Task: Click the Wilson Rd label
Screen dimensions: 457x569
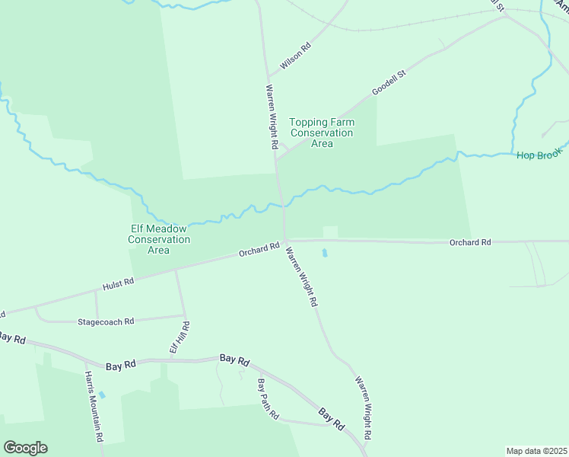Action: (296, 57)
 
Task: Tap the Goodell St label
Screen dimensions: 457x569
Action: (389, 83)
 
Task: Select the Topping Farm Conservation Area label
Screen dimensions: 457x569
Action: (322, 133)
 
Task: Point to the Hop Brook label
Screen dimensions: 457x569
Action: (539, 155)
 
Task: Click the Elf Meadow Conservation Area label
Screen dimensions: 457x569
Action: (158, 239)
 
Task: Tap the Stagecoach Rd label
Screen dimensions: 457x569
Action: (106, 321)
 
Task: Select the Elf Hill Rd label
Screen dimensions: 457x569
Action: (179, 337)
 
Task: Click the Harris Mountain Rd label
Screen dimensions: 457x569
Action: (94, 407)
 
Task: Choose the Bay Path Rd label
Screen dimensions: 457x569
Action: (268, 400)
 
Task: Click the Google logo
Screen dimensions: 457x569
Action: (25, 448)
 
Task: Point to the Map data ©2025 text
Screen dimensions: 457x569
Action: (536, 450)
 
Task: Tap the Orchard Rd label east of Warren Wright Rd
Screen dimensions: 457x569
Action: (469, 242)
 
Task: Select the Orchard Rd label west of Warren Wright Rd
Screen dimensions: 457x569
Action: (259, 250)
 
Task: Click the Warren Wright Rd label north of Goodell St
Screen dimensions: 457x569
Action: (271, 116)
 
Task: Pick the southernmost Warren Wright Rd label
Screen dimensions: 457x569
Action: (362, 408)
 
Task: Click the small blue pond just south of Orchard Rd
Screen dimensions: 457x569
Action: (325, 252)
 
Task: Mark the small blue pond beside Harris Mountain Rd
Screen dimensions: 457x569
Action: (102, 395)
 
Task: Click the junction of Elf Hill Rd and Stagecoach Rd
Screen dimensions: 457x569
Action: (183, 315)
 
